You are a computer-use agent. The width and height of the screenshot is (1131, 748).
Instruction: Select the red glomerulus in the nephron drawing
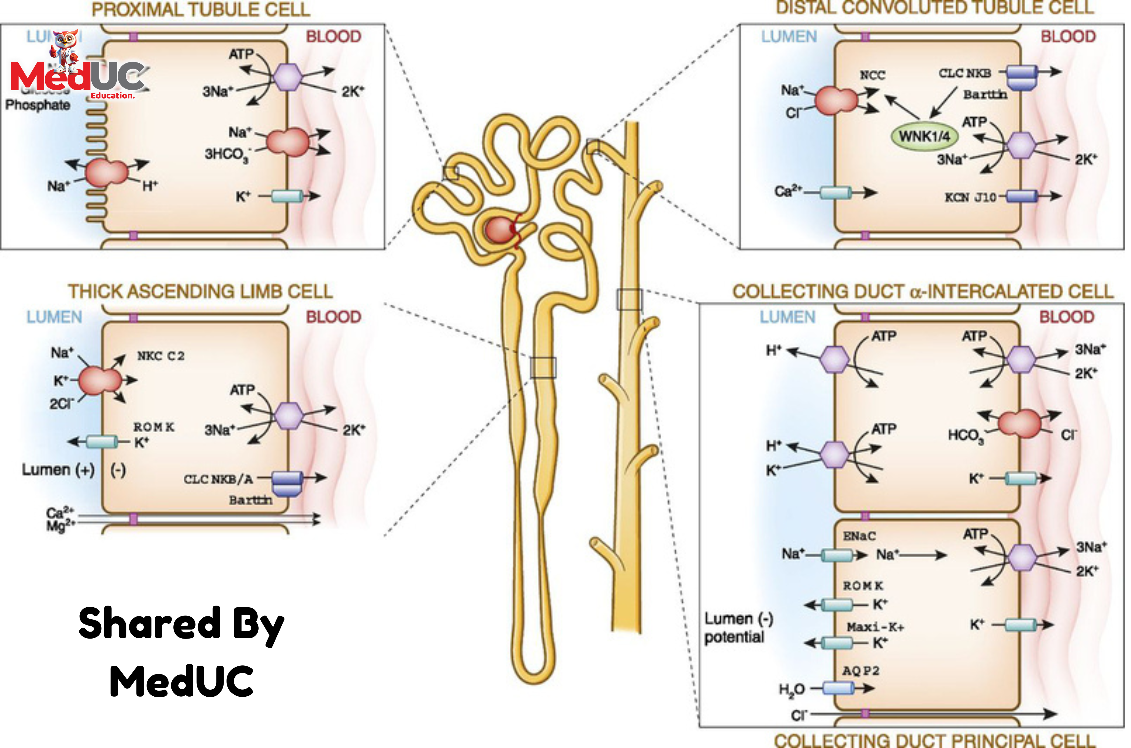coord(499,230)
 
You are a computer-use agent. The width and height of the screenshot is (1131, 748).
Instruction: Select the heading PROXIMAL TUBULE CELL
coord(201,10)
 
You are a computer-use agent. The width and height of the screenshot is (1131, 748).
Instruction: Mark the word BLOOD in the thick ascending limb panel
coord(333,317)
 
